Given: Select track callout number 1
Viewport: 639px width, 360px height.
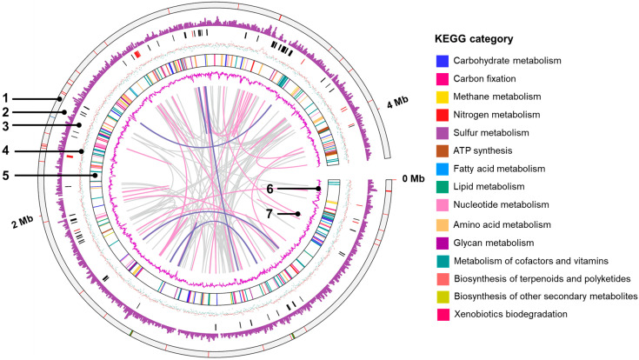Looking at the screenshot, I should (6, 97).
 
